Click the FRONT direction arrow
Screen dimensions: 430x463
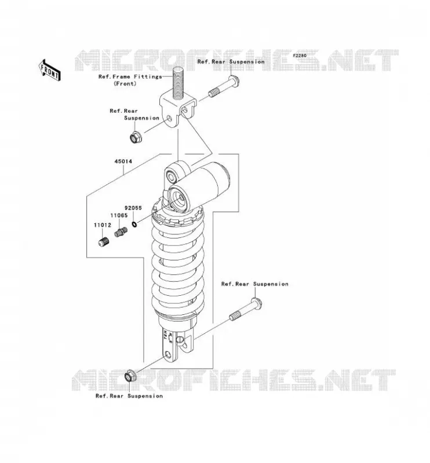(50, 70)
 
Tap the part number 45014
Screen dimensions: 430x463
(123, 161)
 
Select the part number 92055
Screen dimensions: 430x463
(133, 208)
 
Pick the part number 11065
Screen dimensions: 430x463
(119, 215)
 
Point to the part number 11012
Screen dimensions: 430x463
(103, 225)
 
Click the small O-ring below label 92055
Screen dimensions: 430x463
(134, 225)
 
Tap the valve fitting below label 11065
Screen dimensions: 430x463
(121, 232)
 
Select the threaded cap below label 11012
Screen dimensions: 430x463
(104, 242)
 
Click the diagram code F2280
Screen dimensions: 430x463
(300, 56)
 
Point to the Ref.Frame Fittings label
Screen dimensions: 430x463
(130, 76)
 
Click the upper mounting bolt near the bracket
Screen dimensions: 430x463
(224, 86)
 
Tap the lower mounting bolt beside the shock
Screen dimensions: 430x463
(246, 310)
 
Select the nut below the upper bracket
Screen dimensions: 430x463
(136, 137)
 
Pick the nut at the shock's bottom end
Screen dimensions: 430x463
(130, 376)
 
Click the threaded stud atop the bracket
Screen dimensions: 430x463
(178, 83)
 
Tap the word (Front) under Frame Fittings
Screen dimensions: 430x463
(125, 83)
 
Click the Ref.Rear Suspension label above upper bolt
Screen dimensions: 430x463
(231, 62)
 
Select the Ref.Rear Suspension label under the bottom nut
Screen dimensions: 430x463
(129, 396)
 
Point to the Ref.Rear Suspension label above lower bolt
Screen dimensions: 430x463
(255, 284)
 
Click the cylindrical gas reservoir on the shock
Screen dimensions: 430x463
(199, 186)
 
